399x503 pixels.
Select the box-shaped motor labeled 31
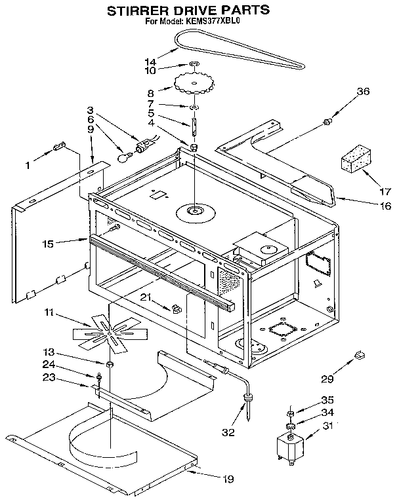[289, 451]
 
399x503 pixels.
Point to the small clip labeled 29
[359, 354]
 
